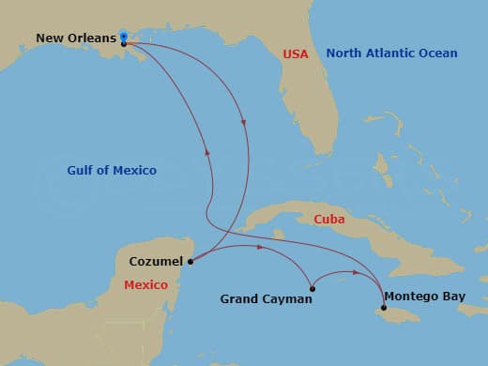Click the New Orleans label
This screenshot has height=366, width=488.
pos(76,38)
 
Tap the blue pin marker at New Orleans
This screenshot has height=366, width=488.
pos(124,37)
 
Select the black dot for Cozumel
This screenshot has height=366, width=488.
pos(191,262)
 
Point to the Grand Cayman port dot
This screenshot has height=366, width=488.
pos(312,288)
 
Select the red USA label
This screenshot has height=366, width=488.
pos(296,54)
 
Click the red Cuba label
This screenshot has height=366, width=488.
pos(329,220)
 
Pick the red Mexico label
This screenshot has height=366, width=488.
pos(145,284)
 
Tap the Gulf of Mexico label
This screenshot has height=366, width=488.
pos(112,171)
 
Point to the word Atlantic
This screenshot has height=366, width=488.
pos(388,53)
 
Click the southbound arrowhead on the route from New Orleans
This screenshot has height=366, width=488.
pos(244,122)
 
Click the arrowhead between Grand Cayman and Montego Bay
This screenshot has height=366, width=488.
pos(355,273)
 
